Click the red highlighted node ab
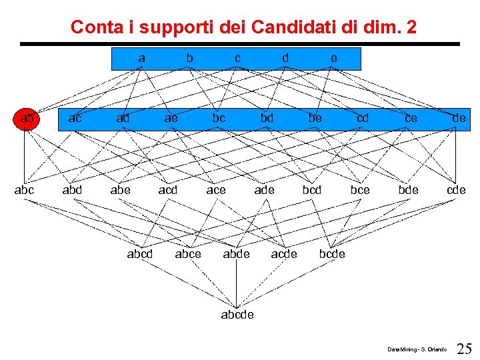coord(27,119)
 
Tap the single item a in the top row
coord(141,58)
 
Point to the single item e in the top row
coord(333,58)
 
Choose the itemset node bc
coord(219,119)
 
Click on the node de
coord(459,119)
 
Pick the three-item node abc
coord(24,190)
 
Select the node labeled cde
coord(456,190)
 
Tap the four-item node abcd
coord(140,253)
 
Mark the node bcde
coord(332,253)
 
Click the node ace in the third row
coord(216,190)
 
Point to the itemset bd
coord(267,119)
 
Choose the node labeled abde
coord(236,253)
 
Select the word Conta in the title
coord(91,27)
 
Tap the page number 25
coord(465,348)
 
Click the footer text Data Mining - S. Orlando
coord(417,349)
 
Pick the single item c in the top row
coord(237,58)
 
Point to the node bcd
coord(312,190)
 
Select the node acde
coord(284,253)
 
